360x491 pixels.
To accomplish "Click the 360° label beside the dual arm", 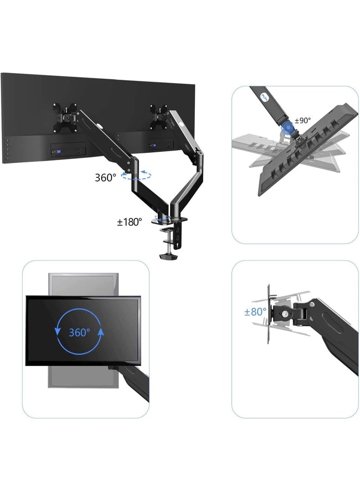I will point(105,177).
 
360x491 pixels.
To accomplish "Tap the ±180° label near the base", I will point(130,221).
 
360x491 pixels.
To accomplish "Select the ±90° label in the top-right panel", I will point(302,121).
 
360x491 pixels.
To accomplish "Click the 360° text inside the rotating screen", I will point(80,333).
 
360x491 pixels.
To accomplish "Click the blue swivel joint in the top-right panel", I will point(286,131).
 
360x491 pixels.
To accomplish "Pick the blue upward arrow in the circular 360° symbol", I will point(101,333).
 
